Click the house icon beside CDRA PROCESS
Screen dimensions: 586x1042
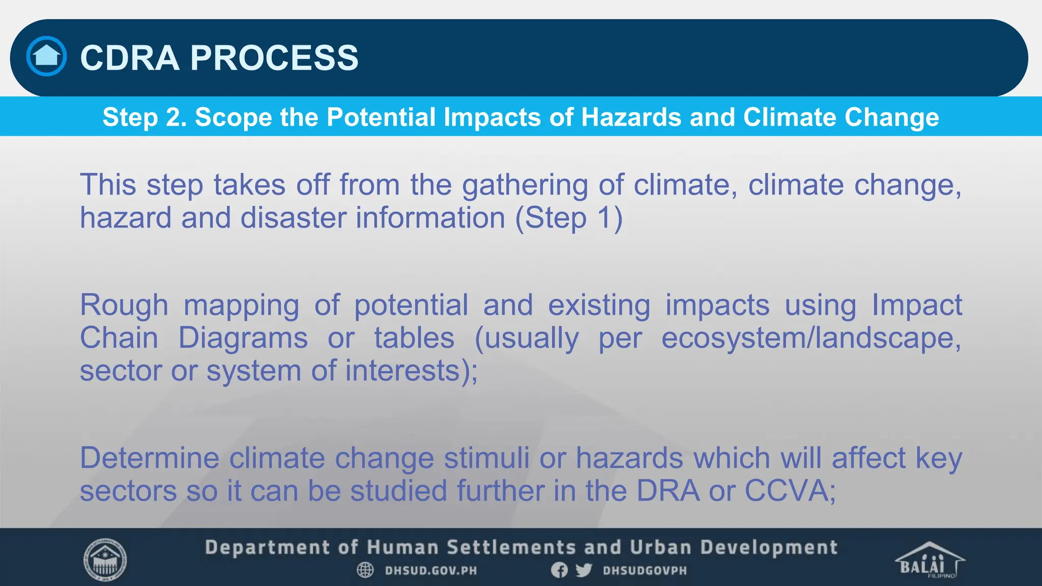coord(46,56)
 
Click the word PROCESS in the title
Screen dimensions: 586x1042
coord(274,57)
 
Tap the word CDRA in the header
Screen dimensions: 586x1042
coord(130,57)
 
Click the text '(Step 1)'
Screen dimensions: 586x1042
coord(569,218)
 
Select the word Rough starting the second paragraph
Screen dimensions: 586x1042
coord(124,305)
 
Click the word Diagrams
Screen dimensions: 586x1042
coord(243,338)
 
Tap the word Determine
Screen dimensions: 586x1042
coord(150,458)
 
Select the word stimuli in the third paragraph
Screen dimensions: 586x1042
coord(486,458)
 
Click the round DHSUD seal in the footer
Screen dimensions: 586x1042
coord(105,560)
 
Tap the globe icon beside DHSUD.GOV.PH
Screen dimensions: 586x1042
coord(365,570)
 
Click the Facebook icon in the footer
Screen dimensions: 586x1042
coord(559,570)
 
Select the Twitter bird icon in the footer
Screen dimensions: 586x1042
coord(584,570)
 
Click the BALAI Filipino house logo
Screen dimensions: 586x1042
coord(929,560)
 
